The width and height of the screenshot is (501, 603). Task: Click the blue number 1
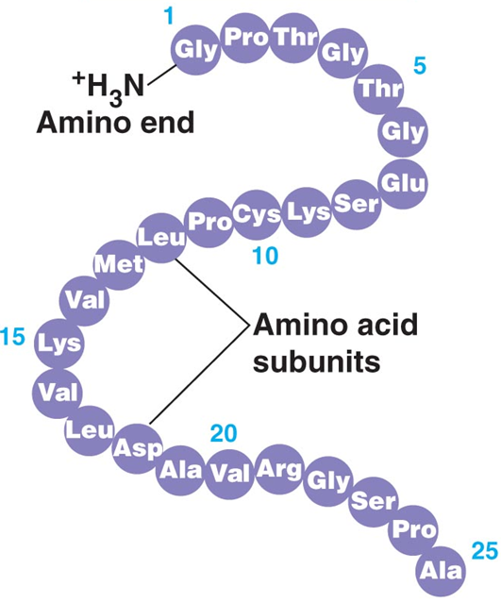coord(169,18)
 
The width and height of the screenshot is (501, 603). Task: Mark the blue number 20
coord(224,433)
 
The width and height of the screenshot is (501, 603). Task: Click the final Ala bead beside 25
coord(442,569)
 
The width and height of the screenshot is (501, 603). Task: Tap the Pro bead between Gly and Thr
coord(245,38)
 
